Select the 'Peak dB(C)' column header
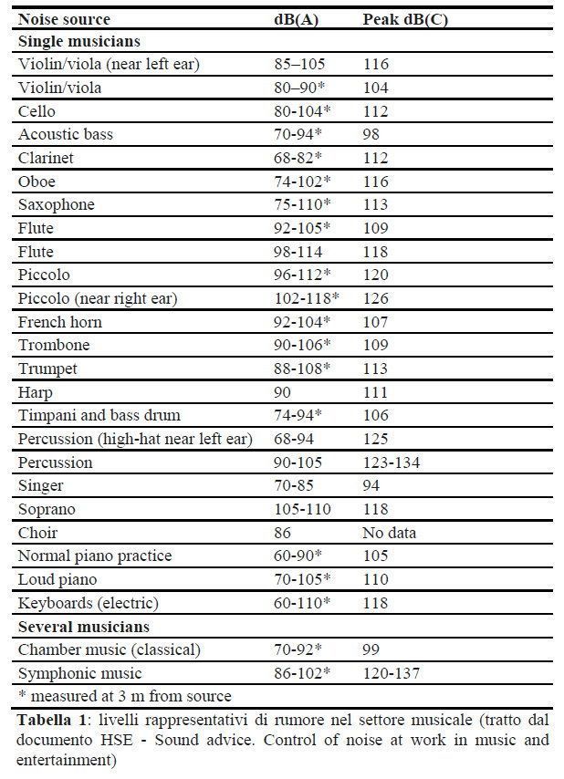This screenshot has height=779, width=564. (x=405, y=18)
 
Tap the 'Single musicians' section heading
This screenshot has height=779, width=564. (x=78, y=41)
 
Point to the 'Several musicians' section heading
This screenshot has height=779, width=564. (x=84, y=627)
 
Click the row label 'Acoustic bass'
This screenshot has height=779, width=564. (x=65, y=135)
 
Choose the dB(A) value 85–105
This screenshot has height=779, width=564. (x=299, y=65)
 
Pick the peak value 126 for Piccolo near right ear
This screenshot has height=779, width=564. (x=375, y=298)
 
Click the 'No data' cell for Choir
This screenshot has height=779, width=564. (x=390, y=532)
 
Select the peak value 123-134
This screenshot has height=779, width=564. (x=392, y=462)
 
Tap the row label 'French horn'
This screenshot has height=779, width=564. (x=60, y=322)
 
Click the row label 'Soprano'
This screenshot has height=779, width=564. (x=45, y=509)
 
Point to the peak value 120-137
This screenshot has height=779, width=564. (x=392, y=673)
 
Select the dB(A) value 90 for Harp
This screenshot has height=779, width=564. (x=283, y=392)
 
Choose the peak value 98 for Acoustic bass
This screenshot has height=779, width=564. (x=371, y=135)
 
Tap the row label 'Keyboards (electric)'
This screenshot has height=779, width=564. (x=89, y=603)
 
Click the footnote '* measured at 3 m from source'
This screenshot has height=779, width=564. (x=124, y=696)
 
